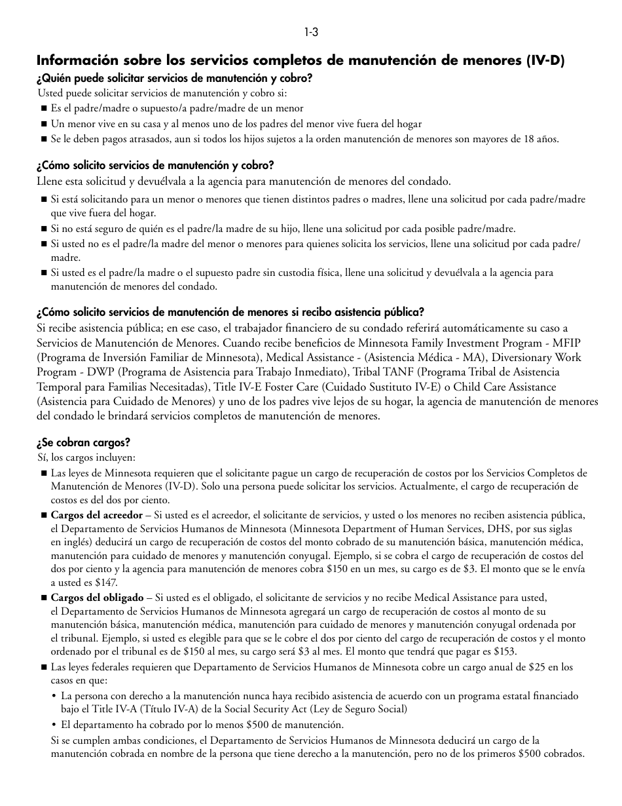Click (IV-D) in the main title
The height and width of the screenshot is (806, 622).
coord(545,61)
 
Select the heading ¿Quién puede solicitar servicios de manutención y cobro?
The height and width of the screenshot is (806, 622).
coord(174,78)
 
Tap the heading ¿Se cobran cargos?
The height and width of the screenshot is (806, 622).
coord(83,442)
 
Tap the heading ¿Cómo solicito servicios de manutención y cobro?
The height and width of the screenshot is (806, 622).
coord(155,166)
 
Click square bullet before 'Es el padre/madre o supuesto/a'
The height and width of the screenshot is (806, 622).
coord(44,109)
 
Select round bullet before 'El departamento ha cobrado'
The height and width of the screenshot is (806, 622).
coord(54,725)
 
